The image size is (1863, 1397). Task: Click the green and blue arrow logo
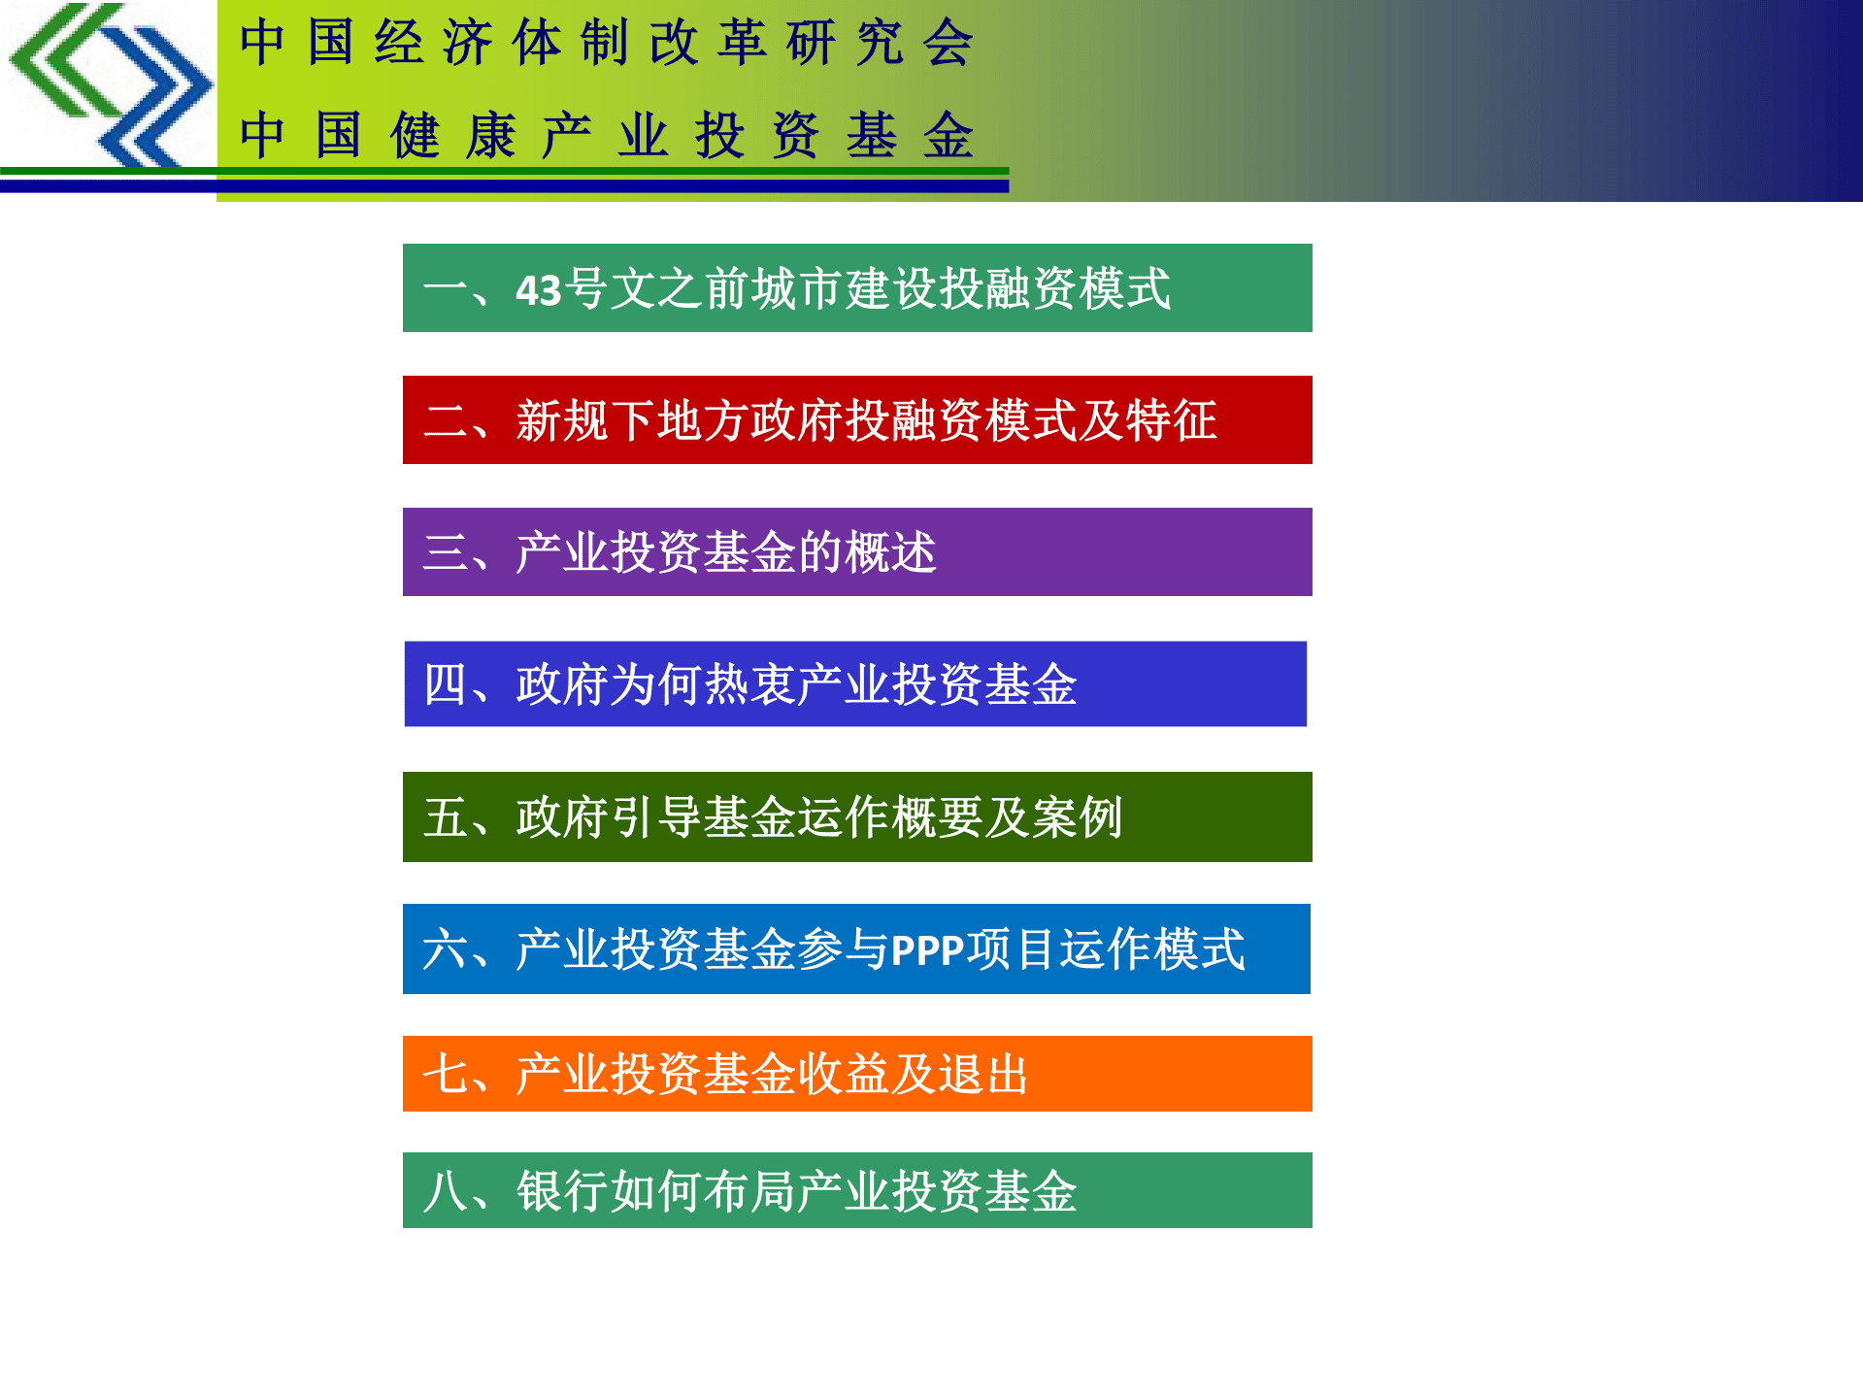click(109, 85)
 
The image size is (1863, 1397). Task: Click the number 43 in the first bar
click(539, 290)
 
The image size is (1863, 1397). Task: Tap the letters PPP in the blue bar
click(927, 950)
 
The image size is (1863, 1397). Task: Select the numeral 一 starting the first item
click(446, 290)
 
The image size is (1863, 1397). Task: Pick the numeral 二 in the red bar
click(446, 421)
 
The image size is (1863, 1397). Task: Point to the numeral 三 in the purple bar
click(446, 552)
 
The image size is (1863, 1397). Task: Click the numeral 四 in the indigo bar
click(446, 684)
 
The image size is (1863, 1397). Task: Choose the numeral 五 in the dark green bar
click(446, 817)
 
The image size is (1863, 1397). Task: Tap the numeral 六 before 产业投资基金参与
click(446, 949)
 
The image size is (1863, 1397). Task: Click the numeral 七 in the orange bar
click(446, 1075)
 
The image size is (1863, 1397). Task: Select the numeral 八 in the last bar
click(446, 1191)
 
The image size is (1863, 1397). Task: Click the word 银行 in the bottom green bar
click(562, 1191)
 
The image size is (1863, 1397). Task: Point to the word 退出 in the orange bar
click(981, 1075)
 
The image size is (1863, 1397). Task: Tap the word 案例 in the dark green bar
click(1077, 817)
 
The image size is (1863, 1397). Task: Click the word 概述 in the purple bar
click(890, 552)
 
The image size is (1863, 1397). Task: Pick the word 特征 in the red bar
click(1171, 421)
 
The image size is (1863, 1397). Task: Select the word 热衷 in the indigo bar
click(749, 684)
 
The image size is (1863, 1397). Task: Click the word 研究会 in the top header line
click(879, 44)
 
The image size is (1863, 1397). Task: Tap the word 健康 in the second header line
click(452, 135)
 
